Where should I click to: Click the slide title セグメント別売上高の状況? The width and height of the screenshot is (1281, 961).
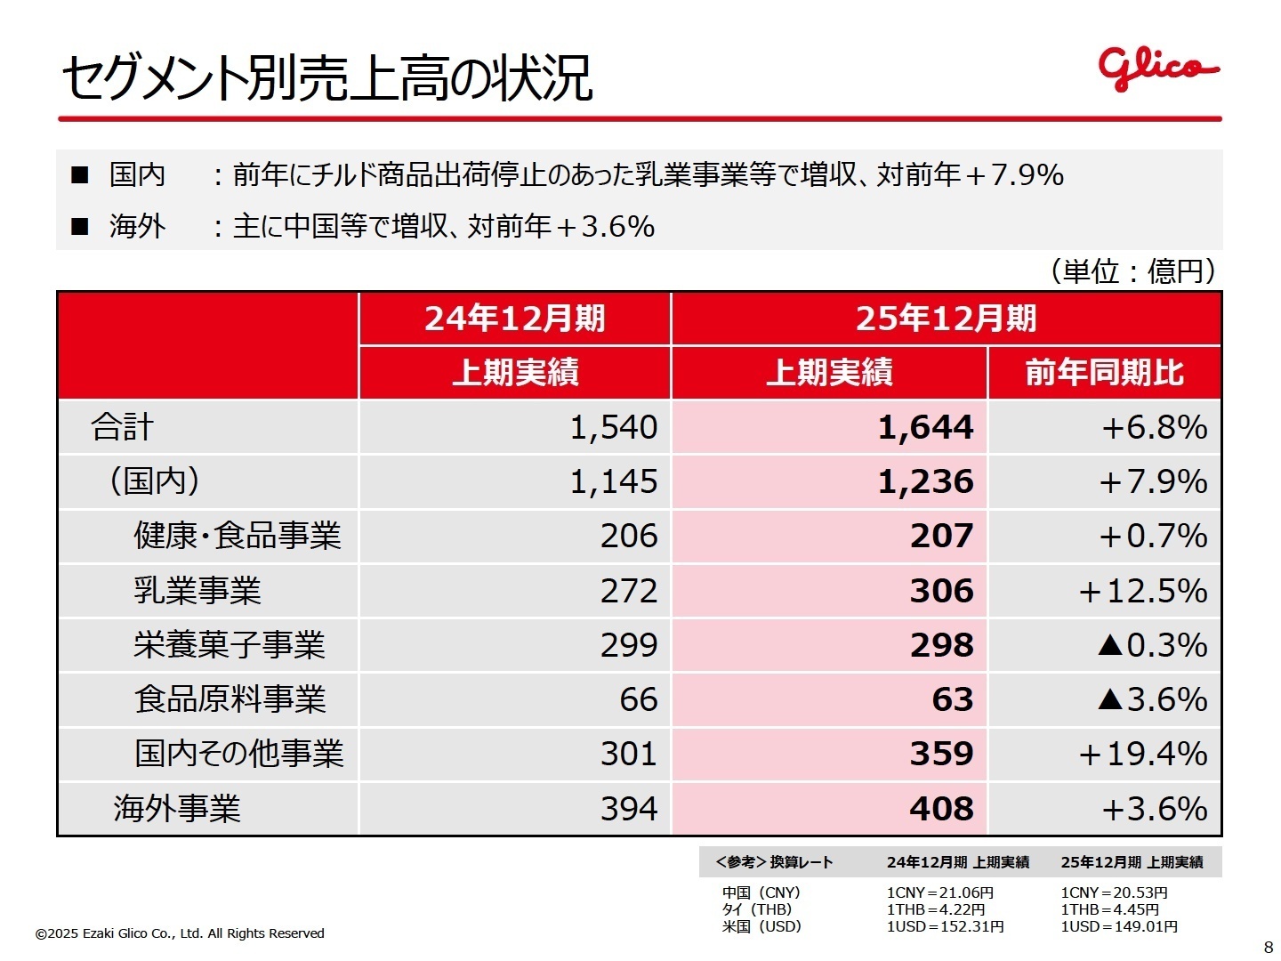click(326, 78)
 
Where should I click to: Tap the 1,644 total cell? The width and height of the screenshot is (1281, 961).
click(925, 428)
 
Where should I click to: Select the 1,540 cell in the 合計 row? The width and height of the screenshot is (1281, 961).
click(613, 428)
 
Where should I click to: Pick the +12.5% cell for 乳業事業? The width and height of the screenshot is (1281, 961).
click(1142, 591)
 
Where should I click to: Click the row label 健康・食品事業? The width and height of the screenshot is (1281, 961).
click(237, 537)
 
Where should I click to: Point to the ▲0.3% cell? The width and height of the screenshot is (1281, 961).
click(1152, 645)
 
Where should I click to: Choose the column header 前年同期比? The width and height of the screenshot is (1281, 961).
click(1104, 373)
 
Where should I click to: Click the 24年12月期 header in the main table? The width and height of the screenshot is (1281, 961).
click(514, 319)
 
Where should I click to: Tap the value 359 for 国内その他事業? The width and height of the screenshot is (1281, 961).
click(941, 755)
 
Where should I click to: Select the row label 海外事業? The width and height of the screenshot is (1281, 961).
click(176, 809)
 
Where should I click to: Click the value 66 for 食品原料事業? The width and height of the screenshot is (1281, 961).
click(638, 699)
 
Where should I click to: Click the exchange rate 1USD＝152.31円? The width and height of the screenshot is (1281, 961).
click(945, 927)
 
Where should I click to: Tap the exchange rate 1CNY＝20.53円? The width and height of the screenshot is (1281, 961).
click(1114, 892)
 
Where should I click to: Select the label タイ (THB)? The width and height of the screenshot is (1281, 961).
click(756, 909)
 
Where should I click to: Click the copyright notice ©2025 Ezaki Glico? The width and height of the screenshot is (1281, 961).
click(180, 933)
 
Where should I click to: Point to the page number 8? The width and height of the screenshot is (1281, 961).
click(1268, 946)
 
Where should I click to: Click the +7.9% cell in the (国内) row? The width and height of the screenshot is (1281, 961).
click(1152, 482)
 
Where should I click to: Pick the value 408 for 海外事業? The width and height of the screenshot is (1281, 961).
click(941, 809)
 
